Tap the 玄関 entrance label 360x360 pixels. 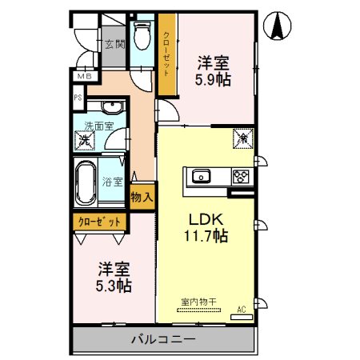point(114,44)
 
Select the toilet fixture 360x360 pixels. point(142,37)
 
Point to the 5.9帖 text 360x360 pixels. point(214,80)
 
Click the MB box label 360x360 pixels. point(83,77)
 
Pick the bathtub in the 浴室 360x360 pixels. point(86,183)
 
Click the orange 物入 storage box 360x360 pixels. point(142,197)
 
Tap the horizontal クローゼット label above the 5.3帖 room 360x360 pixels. point(100,222)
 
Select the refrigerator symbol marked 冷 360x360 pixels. point(240,138)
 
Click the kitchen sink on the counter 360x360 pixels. point(200,177)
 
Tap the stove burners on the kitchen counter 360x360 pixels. point(239,177)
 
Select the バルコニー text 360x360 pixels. point(163,340)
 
